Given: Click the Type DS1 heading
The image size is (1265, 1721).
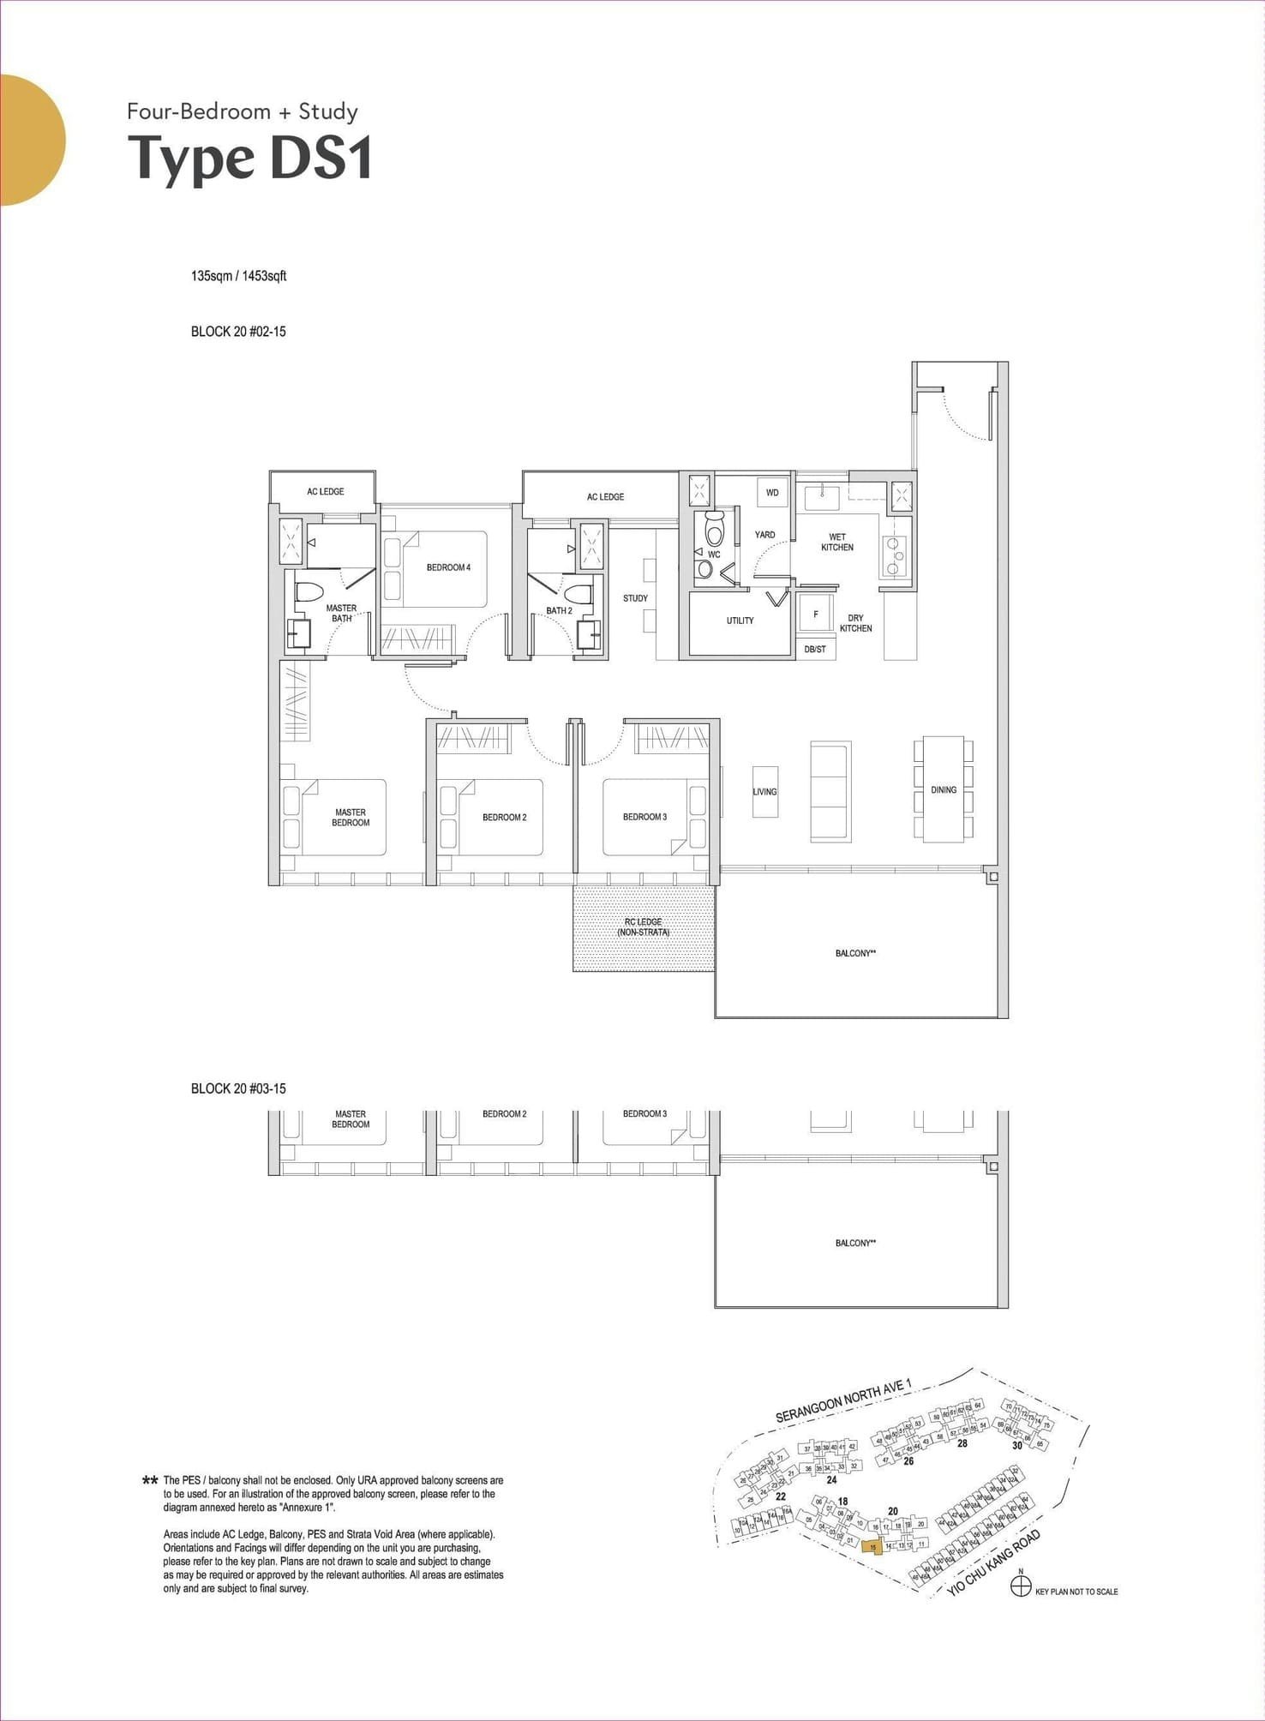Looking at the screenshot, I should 250,159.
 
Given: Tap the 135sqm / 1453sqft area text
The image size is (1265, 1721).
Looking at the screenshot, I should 238,276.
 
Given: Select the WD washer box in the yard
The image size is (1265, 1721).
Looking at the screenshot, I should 772,493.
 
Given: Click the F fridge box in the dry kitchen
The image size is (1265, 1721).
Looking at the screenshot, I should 815,614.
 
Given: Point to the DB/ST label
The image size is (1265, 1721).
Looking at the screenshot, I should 814,650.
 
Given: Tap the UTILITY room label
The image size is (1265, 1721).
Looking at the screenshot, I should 740,621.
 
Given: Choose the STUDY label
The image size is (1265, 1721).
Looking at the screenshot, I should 635,598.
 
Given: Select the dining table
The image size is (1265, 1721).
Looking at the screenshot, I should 943,789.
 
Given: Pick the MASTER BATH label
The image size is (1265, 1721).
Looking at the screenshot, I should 341,613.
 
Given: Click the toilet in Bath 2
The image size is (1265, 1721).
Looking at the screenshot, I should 579,594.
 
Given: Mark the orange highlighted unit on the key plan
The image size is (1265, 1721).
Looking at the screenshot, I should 872,1547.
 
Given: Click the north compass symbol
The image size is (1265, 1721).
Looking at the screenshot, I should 1020,1587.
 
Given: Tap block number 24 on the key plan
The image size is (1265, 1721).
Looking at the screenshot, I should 830,1479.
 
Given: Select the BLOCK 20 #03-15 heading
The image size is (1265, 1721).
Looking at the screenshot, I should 238,1088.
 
